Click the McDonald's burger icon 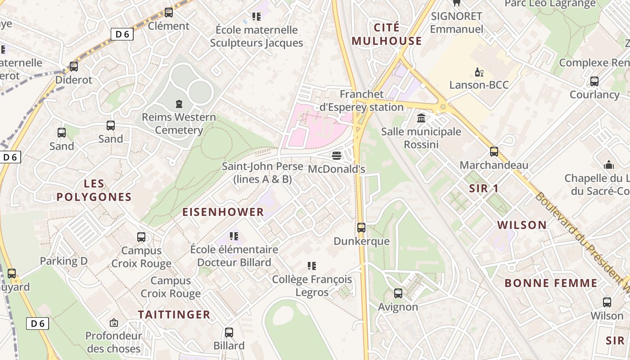[337, 156]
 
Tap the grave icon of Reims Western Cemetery [179, 104]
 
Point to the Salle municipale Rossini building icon [421, 118]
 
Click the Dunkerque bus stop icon [361, 228]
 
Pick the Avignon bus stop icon [398, 293]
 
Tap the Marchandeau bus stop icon [494, 152]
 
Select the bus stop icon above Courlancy [594, 81]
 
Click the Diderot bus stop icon [73, 67]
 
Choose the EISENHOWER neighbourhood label [223, 212]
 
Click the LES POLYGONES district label [94, 190]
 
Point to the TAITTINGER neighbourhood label [174, 315]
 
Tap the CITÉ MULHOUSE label [387, 34]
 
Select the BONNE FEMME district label [551, 283]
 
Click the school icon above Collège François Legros [311, 266]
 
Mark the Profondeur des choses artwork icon [114, 323]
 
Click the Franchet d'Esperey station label [361, 101]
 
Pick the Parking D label [63, 261]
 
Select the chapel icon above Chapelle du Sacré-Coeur [608, 165]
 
